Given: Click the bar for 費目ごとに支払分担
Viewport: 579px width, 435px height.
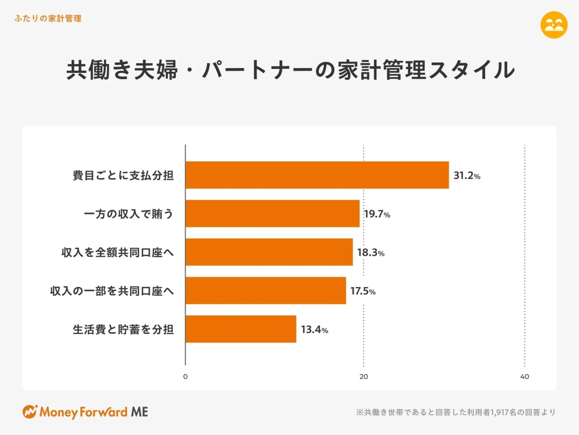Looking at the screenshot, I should point(317,175).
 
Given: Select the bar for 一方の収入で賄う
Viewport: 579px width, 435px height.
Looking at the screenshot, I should point(273,214).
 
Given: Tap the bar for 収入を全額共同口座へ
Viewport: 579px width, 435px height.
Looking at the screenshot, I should point(269,252).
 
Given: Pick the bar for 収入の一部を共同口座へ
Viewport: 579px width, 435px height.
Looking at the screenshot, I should point(266,291).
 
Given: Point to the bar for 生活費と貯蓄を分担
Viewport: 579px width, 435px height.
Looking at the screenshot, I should point(241,329).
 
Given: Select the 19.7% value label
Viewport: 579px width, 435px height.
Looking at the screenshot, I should point(377,214).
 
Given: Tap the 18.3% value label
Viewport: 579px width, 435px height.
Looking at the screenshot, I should point(370,253).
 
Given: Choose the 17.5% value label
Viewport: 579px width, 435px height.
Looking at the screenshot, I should point(363,291).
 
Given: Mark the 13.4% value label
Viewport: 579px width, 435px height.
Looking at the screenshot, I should point(314,330).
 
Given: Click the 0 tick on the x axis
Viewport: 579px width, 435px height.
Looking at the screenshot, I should point(185,377).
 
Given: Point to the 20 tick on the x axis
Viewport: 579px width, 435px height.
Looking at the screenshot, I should point(364,377).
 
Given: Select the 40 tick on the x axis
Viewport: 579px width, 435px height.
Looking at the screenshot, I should point(525,377).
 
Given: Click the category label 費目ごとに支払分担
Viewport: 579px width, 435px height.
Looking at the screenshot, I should point(123,176).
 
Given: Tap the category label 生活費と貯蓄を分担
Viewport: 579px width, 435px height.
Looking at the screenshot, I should point(123,330).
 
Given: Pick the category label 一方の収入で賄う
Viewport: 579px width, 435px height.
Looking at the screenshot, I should point(129,214).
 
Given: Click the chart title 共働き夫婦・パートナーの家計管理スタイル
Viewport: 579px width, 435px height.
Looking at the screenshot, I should point(289,71).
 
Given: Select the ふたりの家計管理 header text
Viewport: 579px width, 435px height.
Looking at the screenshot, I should point(48,18).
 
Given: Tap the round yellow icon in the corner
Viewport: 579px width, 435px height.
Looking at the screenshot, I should point(554,25).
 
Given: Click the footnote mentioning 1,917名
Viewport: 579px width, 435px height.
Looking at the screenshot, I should point(456,412).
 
